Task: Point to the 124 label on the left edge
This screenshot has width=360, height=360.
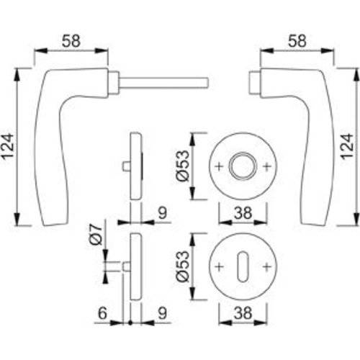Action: (x=9, y=144)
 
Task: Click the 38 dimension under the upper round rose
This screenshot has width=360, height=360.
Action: (x=242, y=212)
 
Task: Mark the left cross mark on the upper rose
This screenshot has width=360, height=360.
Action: (x=220, y=166)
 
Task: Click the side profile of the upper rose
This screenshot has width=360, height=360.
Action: (x=135, y=166)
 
